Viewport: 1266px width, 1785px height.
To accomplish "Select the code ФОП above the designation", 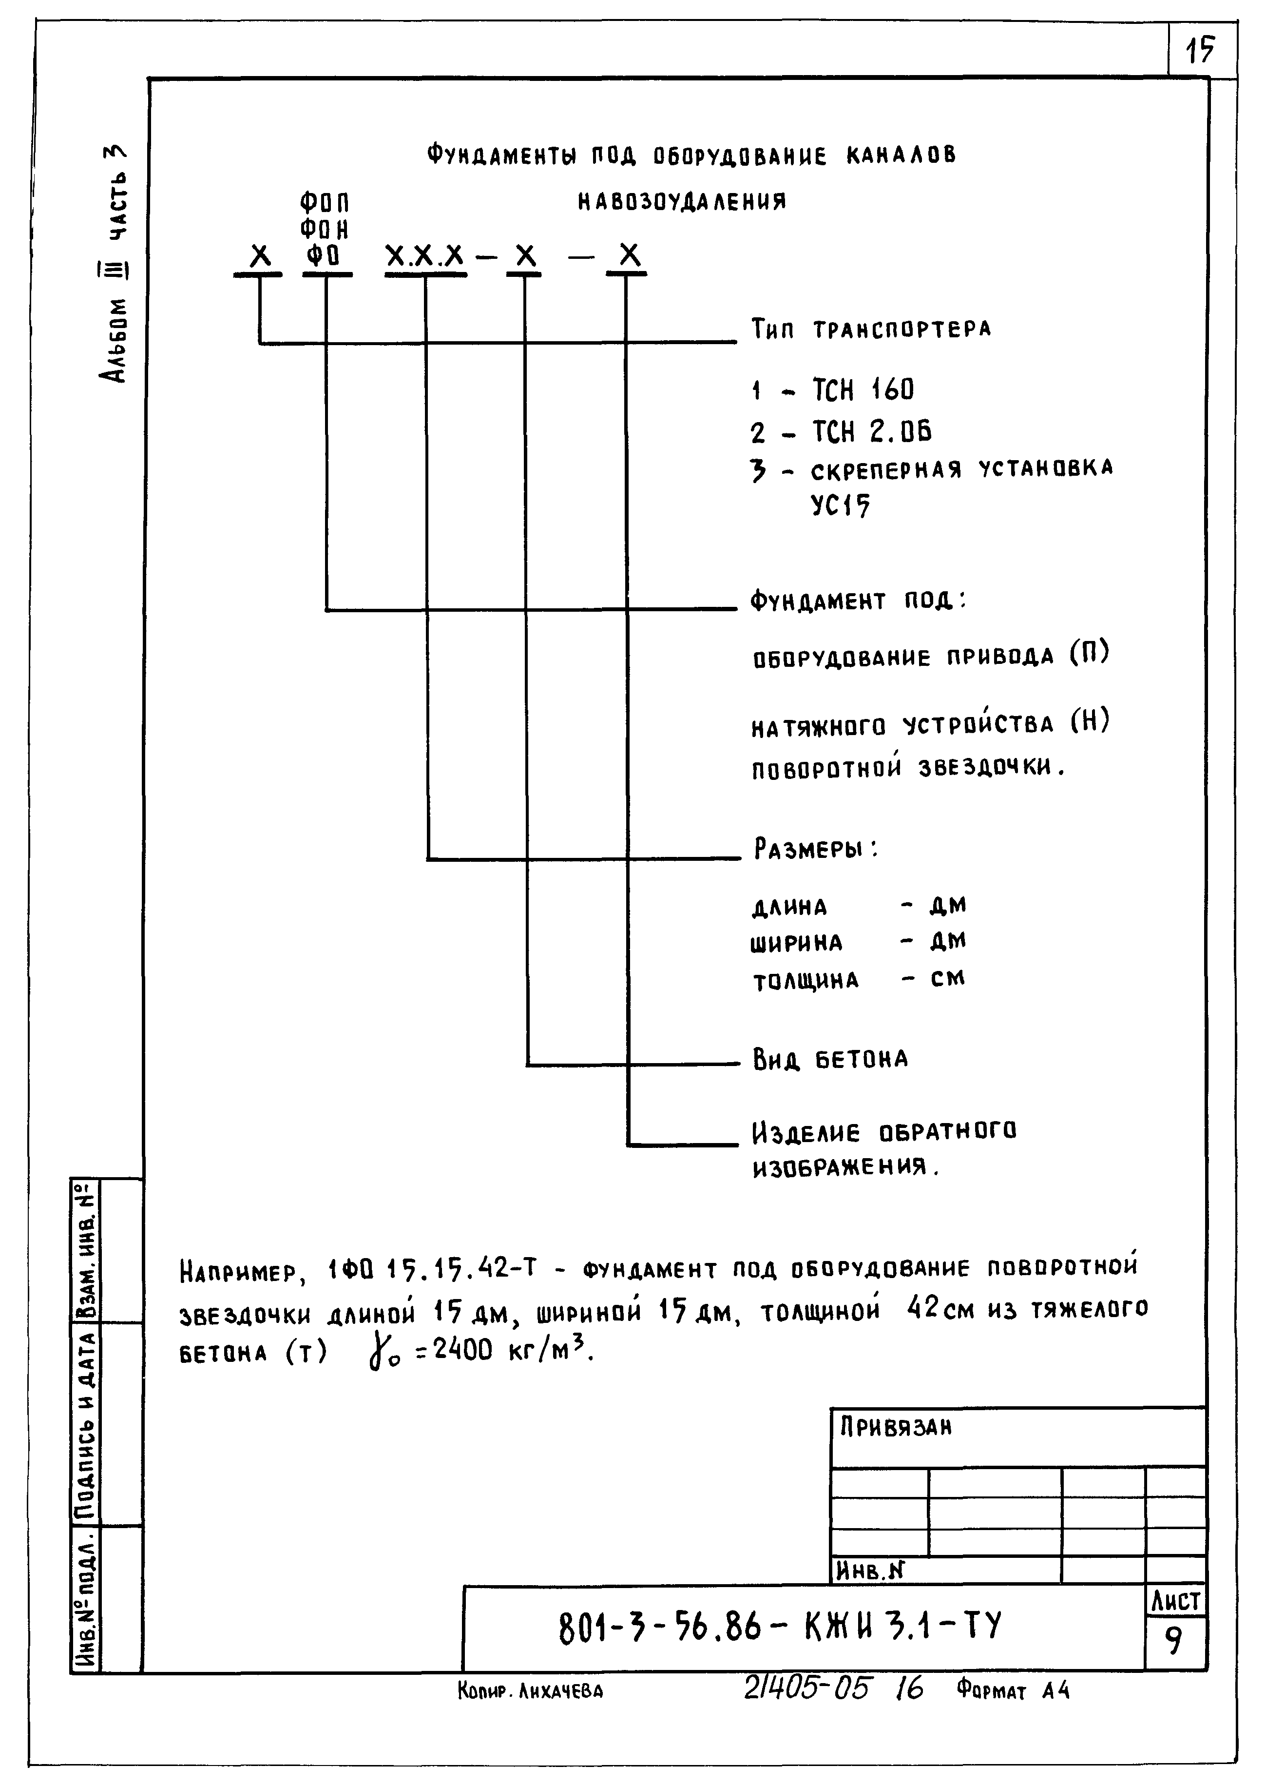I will click(x=324, y=204).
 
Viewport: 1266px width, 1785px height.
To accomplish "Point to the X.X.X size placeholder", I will click(x=425, y=256).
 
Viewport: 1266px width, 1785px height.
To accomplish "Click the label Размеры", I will click(x=815, y=849).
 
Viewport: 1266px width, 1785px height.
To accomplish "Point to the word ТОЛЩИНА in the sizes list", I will click(x=806, y=980).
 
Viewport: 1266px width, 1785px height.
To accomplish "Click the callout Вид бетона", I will click(x=830, y=1059).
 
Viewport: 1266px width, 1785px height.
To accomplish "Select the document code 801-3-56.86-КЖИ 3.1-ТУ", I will click(x=780, y=1628).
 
